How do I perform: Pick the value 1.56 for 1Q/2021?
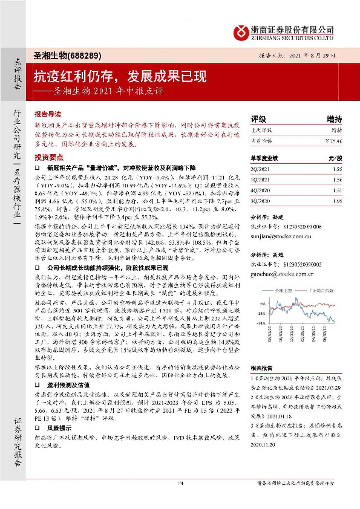point(337,180)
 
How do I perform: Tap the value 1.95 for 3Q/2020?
point(337,199)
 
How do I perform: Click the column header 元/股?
point(335,158)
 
